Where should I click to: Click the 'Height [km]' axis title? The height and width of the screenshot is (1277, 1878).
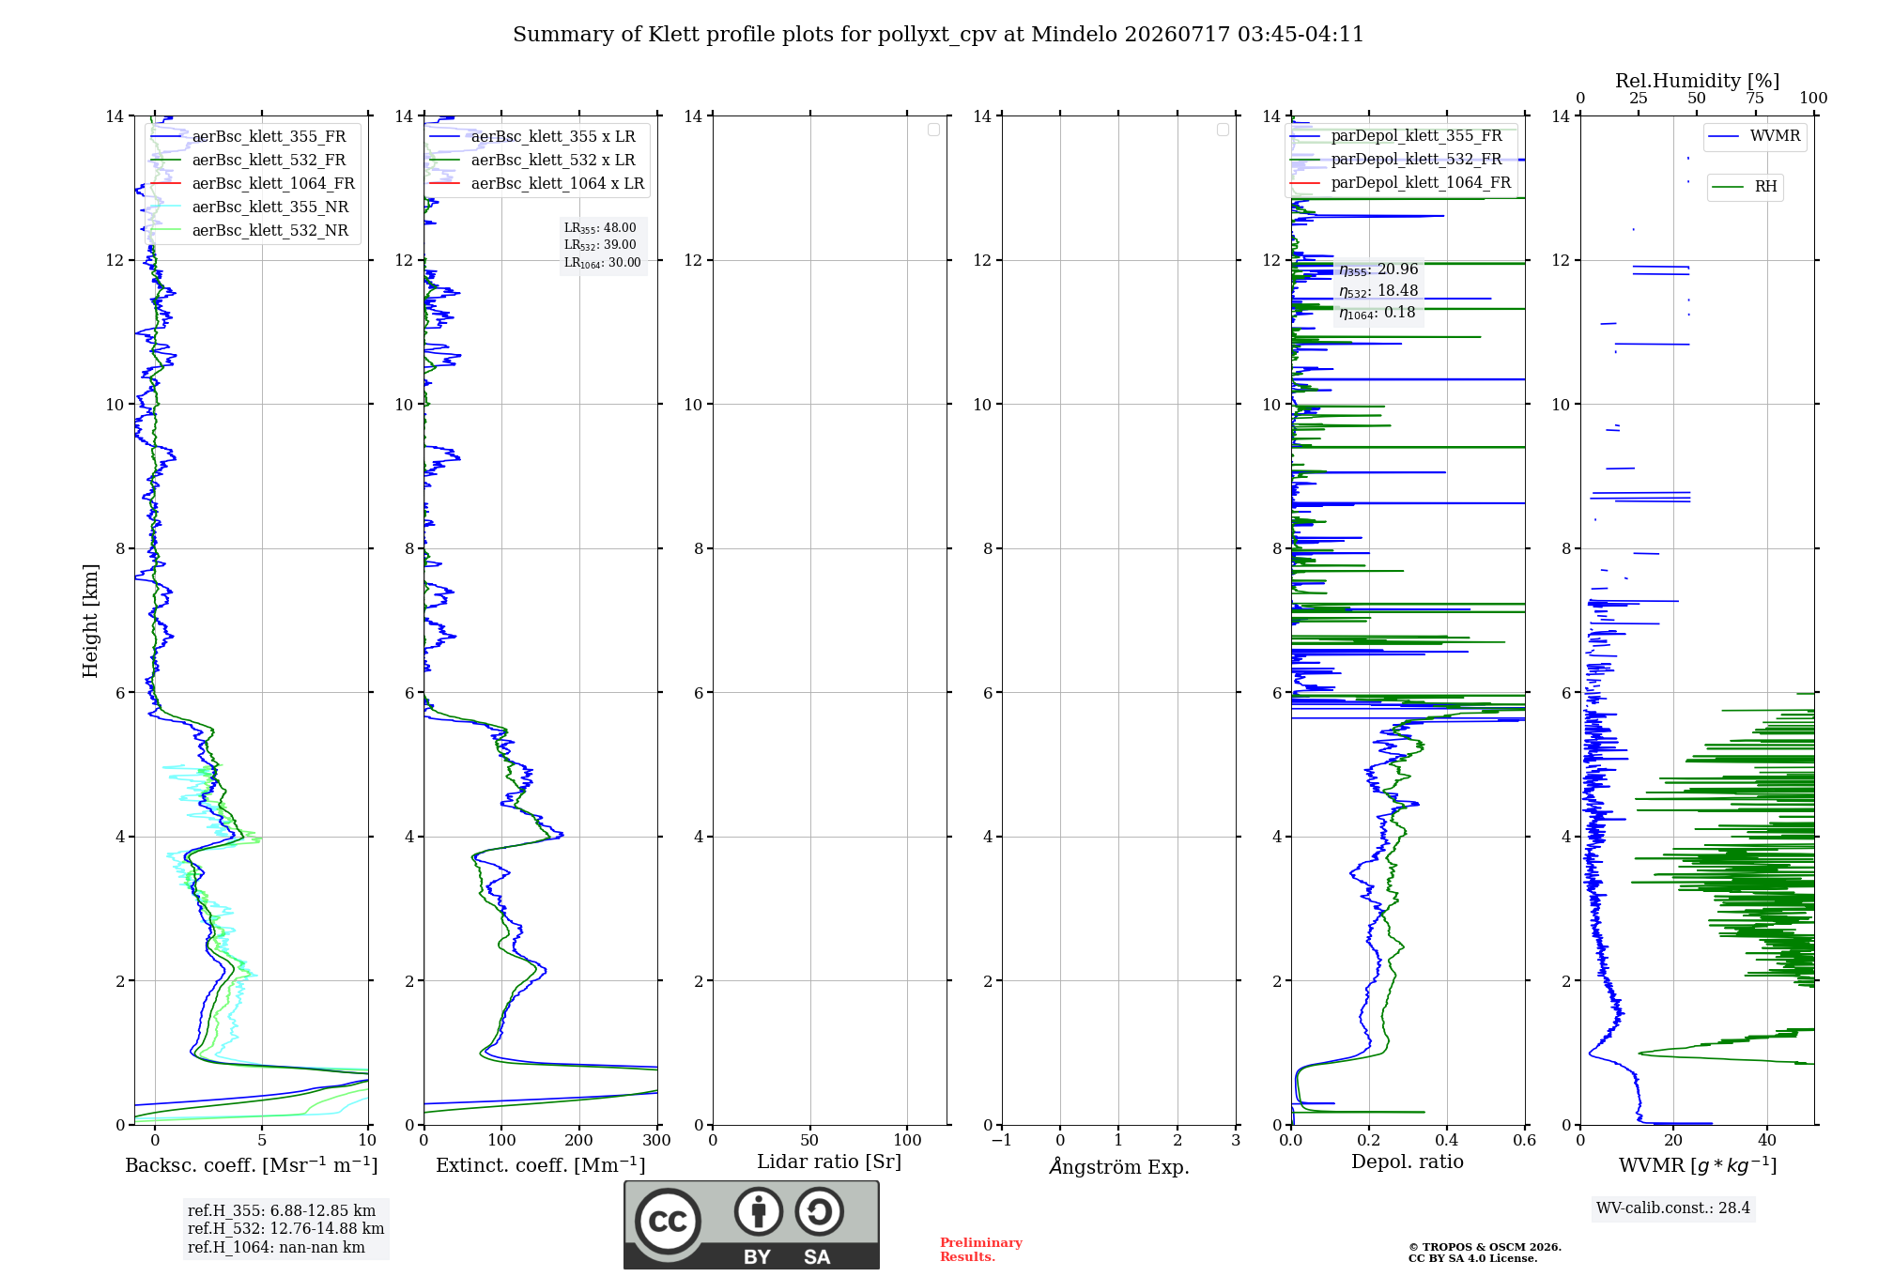point(90,621)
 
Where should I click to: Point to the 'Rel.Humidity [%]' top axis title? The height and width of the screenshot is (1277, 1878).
point(1697,81)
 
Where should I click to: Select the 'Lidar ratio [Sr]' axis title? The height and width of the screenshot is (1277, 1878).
point(829,1162)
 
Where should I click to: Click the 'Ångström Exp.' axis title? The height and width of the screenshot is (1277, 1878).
point(1119,1165)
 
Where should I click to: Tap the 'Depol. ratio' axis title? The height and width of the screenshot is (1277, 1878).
point(1408,1162)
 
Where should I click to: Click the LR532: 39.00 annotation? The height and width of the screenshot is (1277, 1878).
point(600,245)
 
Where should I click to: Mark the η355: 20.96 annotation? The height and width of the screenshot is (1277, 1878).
point(1378,269)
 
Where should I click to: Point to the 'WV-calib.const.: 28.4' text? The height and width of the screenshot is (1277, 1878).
point(1673,1208)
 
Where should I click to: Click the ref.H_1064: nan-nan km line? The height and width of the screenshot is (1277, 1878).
point(276,1247)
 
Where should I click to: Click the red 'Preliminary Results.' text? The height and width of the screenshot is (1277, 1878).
point(981,1250)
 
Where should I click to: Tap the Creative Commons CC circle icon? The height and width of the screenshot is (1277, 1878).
point(668,1222)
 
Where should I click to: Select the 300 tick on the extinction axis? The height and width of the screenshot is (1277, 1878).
point(657,1140)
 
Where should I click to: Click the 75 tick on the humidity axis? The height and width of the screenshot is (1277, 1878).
point(1755,98)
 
